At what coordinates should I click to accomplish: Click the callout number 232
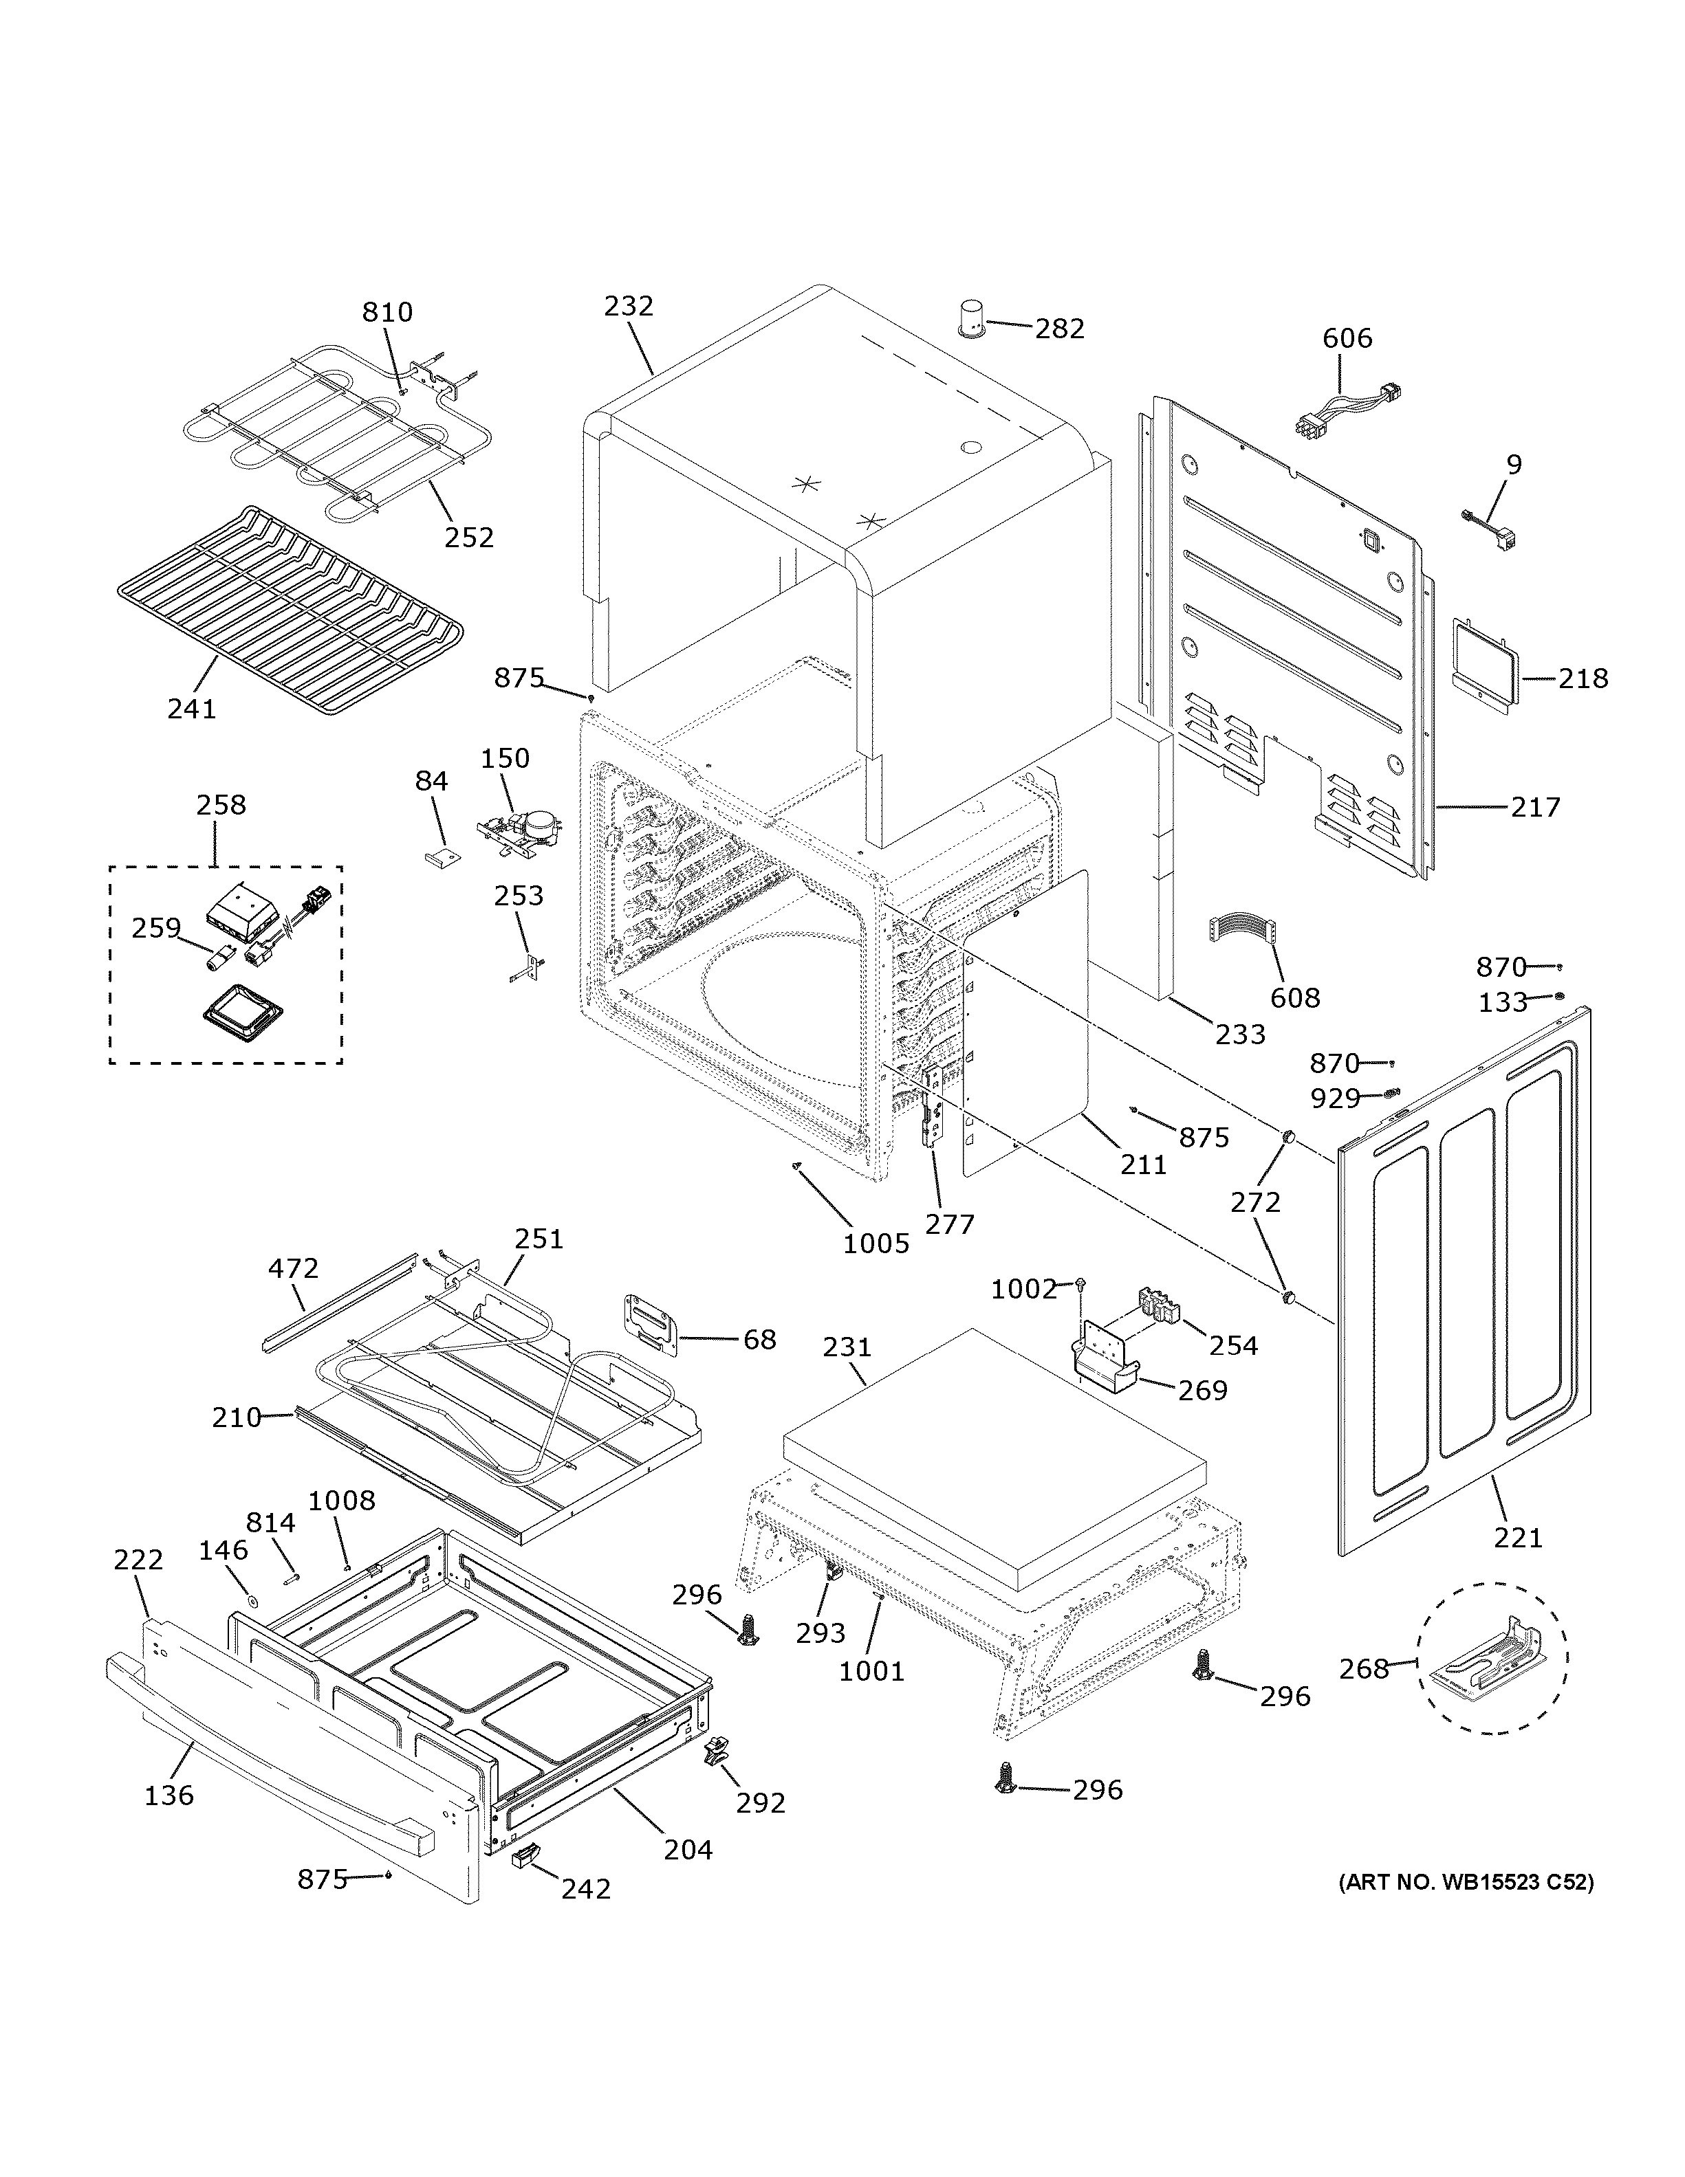(628, 305)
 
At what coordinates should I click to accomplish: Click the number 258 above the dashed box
(220, 804)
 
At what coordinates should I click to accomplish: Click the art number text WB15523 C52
(1466, 1883)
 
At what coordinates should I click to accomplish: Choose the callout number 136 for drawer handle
(168, 1795)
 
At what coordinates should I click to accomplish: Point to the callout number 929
(1335, 1098)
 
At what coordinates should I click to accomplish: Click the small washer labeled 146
(253, 1602)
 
